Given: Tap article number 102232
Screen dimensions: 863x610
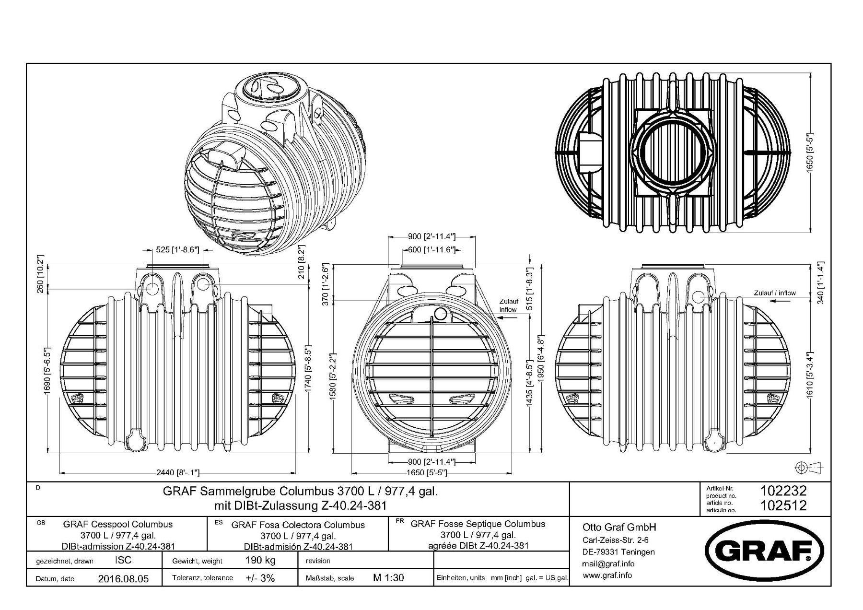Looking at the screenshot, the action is (783, 491).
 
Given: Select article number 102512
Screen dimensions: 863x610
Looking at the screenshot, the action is (783, 505).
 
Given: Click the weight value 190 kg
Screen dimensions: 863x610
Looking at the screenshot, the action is (260, 560).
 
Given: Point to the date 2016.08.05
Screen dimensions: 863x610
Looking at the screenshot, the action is (123, 578).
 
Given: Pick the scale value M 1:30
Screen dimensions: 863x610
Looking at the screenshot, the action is (388, 577).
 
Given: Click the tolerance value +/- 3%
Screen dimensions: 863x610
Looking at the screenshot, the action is (260, 578).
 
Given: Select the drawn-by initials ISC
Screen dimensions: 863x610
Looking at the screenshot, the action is (123, 560).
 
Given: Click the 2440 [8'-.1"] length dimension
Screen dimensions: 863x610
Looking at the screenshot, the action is (177, 472).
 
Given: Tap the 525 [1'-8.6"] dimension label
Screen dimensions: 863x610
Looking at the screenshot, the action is (177, 250).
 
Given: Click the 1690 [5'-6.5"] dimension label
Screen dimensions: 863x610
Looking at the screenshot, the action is (47, 371).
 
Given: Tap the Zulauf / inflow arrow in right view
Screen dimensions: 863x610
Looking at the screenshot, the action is (781, 302).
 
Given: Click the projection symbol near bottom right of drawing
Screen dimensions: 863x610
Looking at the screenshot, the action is (808, 467).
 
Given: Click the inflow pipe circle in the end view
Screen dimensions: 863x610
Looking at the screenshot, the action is (441, 314).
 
